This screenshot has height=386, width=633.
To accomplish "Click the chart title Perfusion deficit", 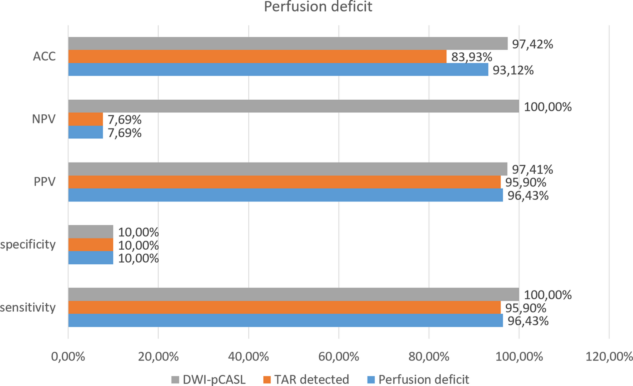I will click(x=318, y=7).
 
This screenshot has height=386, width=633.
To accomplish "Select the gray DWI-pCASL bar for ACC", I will click(x=287, y=44).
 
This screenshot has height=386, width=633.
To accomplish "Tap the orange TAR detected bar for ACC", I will click(x=257, y=57).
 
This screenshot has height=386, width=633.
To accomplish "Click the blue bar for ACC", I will click(x=278, y=69).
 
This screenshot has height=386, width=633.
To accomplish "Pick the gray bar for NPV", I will click(x=293, y=106).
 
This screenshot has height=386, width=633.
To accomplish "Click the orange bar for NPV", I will click(x=86, y=119).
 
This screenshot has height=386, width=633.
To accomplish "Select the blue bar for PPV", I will click(x=285, y=195).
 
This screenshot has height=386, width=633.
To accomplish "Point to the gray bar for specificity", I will click(x=91, y=232).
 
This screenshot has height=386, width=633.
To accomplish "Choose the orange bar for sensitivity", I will click(x=284, y=307).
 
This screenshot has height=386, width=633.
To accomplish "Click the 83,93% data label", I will click(x=471, y=57).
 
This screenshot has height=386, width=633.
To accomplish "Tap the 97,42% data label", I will click(x=532, y=44).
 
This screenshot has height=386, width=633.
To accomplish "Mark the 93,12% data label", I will click(x=513, y=70).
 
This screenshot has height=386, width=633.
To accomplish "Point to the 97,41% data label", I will click(x=532, y=170).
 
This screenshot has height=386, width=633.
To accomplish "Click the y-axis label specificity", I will click(x=28, y=245).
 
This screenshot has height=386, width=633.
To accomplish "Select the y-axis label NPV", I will click(x=44, y=119).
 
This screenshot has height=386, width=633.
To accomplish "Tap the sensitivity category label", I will click(x=28, y=307).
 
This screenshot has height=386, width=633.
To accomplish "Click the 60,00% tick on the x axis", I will click(x=339, y=356).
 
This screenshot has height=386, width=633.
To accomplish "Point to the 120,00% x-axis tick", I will click(x=608, y=356).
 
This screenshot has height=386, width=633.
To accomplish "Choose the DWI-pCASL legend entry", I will click(x=209, y=379).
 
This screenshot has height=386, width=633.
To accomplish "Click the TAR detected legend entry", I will click(x=307, y=379).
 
